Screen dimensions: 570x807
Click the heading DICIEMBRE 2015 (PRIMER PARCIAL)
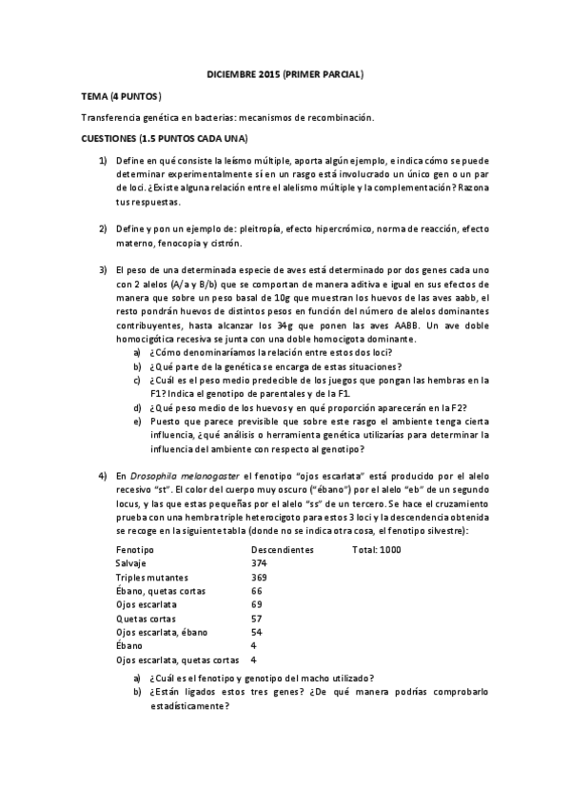285,74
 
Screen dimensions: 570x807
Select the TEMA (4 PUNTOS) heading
121,96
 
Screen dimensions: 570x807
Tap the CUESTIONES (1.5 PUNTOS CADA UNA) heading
165,139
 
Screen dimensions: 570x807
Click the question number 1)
103,161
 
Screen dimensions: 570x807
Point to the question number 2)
103,229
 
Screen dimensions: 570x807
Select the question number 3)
103,271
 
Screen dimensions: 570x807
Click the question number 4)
103,475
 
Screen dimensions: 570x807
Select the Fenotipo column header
135,550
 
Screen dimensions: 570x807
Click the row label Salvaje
132,563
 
